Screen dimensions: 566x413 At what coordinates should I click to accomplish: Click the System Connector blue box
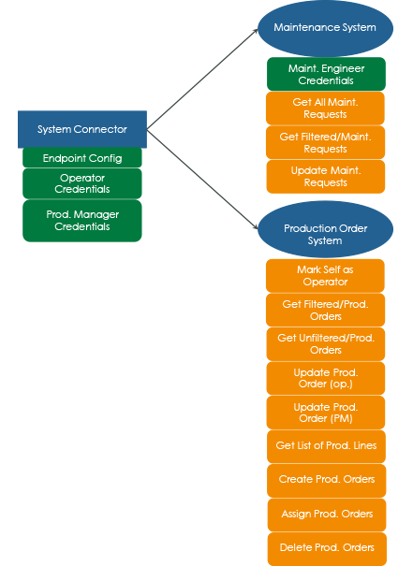coord(82,129)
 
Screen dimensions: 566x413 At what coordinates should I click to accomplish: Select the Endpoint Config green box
coord(82,158)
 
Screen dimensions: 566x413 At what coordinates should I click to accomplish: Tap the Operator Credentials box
coord(82,182)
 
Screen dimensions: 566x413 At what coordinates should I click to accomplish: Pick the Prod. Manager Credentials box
coord(82,220)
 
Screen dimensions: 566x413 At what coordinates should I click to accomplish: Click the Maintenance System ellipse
coord(324,28)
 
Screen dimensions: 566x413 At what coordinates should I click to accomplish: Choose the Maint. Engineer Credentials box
coord(324,74)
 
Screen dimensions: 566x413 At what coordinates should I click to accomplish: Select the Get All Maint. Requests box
coord(324,108)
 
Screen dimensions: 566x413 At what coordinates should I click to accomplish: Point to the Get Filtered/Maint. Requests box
coord(324,142)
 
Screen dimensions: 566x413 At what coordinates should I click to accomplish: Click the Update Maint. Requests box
coord(324,176)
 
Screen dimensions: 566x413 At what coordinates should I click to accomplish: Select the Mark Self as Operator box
coord(324,275)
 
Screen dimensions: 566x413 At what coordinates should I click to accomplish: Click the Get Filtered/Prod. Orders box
coord(324,310)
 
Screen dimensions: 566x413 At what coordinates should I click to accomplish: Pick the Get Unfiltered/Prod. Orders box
coord(324,343)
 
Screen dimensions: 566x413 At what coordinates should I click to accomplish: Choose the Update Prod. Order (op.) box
coord(324,378)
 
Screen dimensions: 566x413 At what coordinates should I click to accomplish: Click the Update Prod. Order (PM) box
coord(324,412)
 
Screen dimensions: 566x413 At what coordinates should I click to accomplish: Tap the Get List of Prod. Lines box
coord(324,445)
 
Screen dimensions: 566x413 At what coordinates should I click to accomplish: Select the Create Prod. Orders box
coord(324,479)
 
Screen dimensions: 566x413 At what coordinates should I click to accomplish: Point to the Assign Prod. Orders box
coord(324,514)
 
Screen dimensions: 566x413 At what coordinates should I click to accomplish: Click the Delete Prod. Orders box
coord(324,547)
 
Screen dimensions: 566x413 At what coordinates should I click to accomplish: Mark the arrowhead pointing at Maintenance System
coord(255,32)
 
